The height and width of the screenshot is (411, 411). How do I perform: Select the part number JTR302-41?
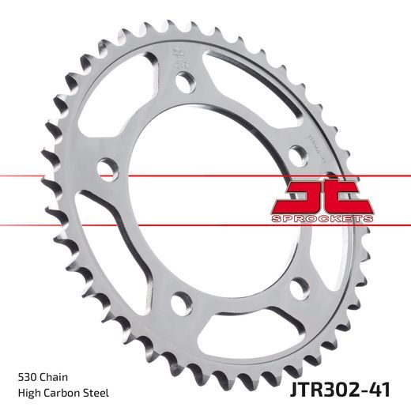tap(350, 390)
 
